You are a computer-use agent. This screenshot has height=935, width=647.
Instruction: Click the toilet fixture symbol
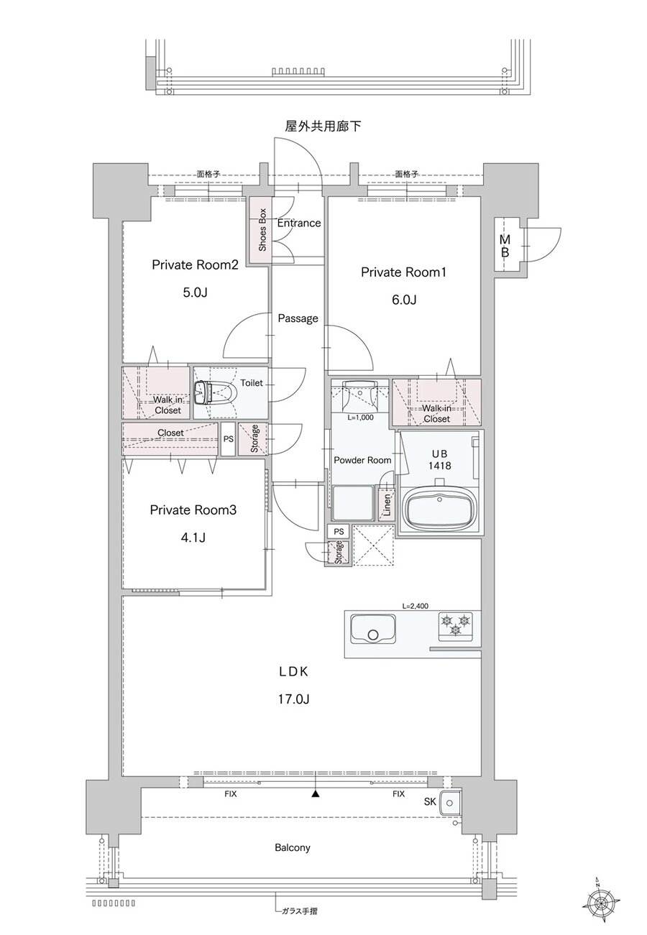point(216,392)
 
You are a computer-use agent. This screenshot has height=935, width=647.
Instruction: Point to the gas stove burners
point(455,626)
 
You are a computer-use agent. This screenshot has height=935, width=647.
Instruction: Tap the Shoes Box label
point(262,229)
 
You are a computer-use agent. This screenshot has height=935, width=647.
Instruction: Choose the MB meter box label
point(505,246)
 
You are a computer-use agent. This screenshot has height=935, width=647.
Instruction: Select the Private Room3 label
point(193,510)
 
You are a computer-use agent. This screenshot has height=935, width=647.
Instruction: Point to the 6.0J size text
point(403,300)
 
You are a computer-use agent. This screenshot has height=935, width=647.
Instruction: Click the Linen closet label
point(387,505)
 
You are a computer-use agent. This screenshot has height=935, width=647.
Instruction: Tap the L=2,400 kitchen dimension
point(415,606)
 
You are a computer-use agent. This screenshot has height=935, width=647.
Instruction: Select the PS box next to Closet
point(228,439)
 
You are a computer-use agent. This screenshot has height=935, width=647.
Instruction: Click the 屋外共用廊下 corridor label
point(323,126)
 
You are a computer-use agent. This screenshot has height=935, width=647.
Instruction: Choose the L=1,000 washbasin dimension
point(361,417)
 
